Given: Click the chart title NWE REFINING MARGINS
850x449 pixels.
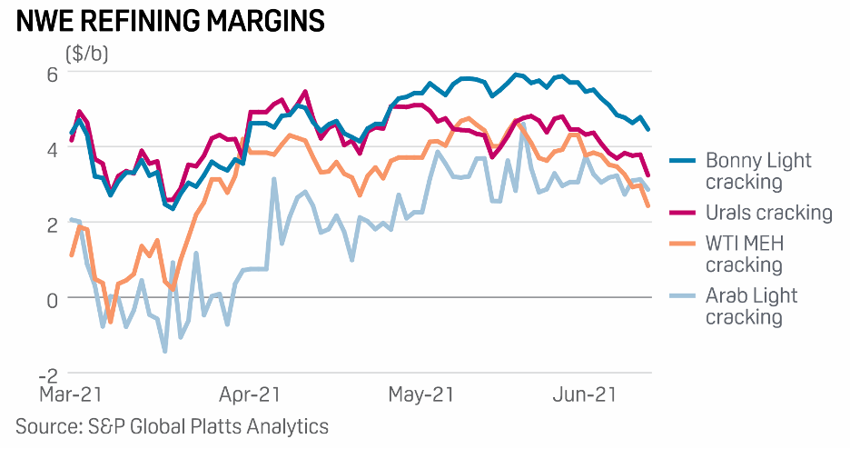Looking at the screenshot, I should click(x=171, y=21).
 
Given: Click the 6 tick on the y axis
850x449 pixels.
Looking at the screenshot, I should click(x=52, y=73).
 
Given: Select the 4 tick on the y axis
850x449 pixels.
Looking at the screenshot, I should click(x=52, y=148).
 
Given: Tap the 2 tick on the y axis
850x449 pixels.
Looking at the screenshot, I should click(x=52, y=224).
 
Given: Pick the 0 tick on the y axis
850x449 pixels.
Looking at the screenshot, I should click(x=52, y=299).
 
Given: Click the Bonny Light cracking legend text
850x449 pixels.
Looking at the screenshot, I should click(x=757, y=171).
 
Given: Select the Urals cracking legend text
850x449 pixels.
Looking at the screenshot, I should click(x=768, y=213).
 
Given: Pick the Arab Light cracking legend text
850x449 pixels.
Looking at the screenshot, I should click(x=752, y=306).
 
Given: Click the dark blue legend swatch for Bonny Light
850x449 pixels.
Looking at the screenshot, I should click(x=683, y=161).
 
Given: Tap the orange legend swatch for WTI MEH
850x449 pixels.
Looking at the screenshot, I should click(x=683, y=244).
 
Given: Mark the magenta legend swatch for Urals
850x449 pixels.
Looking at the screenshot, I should click(x=683, y=213).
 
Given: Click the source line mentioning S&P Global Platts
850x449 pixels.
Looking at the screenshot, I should click(x=172, y=425).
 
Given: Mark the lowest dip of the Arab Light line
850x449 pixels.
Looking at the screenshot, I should click(x=165, y=351).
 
